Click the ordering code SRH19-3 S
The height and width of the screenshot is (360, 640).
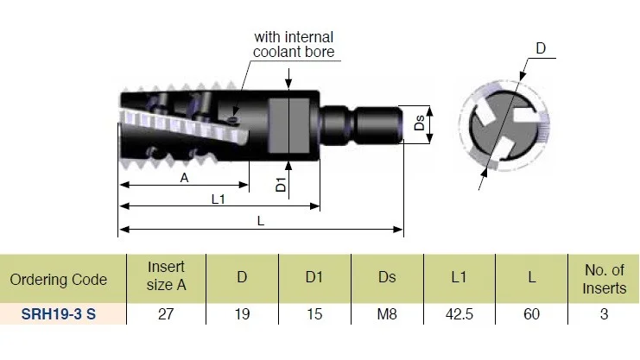tap(59, 314)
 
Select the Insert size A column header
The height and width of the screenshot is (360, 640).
tap(166, 276)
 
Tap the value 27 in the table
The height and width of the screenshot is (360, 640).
tap(166, 314)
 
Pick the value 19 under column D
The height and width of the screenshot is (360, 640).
tap(242, 314)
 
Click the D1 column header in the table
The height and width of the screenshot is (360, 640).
tap(314, 277)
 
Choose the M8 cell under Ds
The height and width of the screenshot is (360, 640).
tap(387, 314)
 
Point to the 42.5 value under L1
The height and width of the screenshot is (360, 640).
tap(459, 314)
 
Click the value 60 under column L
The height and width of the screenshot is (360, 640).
tap(531, 314)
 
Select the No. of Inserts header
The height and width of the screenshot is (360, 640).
tap(604, 279)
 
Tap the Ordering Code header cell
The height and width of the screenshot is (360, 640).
tap(59, 280)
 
